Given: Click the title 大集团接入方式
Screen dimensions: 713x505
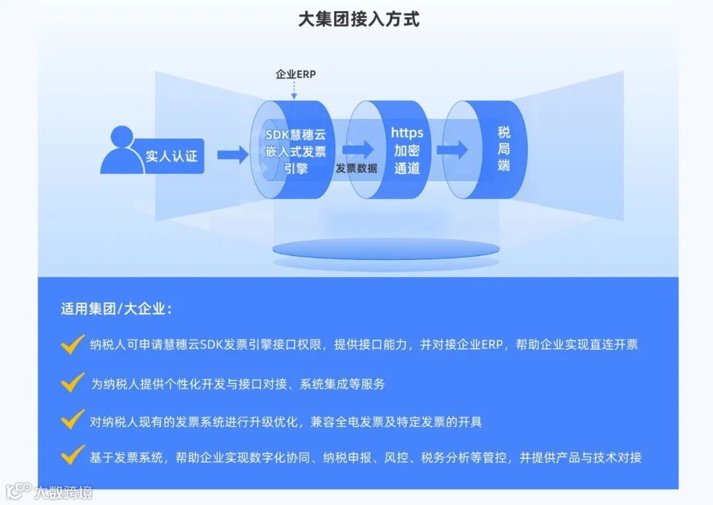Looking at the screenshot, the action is [358, 18].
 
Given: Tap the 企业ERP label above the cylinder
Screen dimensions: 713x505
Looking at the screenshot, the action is [295, 75].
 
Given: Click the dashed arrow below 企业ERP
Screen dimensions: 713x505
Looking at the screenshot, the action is [294, 90].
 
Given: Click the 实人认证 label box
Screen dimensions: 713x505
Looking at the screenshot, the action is [171, 156].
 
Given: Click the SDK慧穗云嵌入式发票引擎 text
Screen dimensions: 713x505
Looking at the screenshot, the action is [296, 151].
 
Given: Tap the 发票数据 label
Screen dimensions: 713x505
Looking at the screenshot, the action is [356, 168].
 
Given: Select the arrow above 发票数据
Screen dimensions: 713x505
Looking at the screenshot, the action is [358, 149].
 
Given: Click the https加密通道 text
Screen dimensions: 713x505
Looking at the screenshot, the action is [407, 151].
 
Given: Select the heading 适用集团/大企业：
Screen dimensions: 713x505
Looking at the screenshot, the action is [116, 309].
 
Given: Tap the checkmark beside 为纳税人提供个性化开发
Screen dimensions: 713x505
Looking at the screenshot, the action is [72, 382].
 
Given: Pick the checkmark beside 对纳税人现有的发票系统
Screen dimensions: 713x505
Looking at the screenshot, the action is [72, 420].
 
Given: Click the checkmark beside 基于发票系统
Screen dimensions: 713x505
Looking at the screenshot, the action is [72, 457].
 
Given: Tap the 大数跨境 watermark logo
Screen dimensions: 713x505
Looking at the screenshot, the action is [49, 492].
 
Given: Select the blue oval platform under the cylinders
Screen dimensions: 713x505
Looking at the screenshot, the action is [387, 250].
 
